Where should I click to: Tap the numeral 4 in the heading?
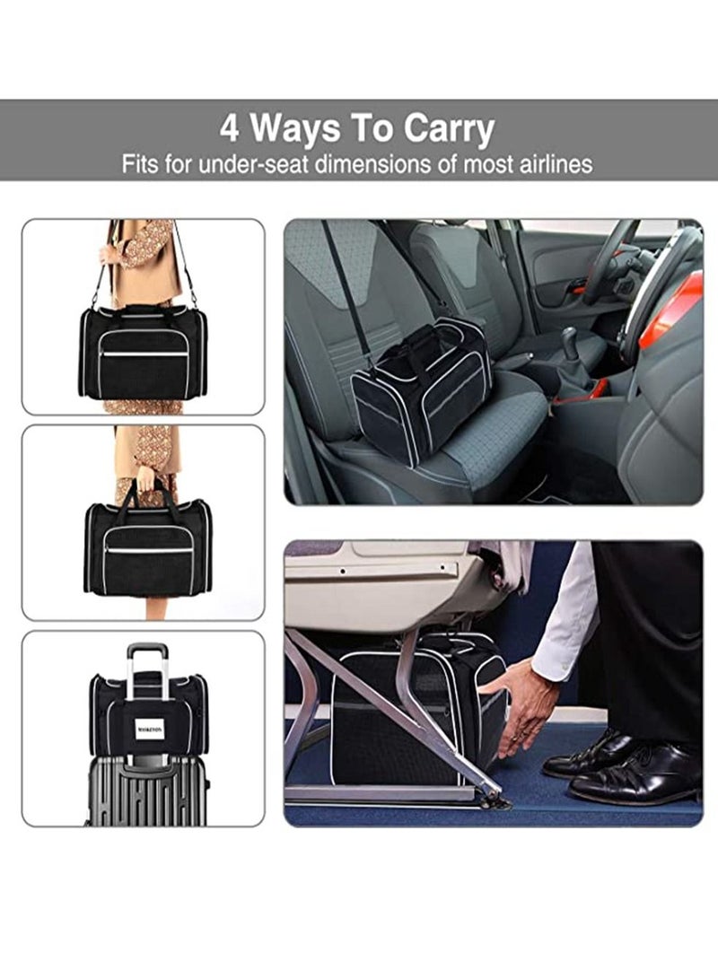pyautogui.click(x=230, y=129)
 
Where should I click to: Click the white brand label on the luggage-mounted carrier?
pyautogui.click(x=149, y=730)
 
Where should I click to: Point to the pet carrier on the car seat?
pyautogui.click(x=422, y=386)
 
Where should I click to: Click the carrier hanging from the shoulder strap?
pyautogui.click(x=144, y=353)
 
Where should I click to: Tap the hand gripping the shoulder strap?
pyautogui.click(x=110, y=253)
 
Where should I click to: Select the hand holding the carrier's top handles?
pyautogui.click(x=146, y=475)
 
